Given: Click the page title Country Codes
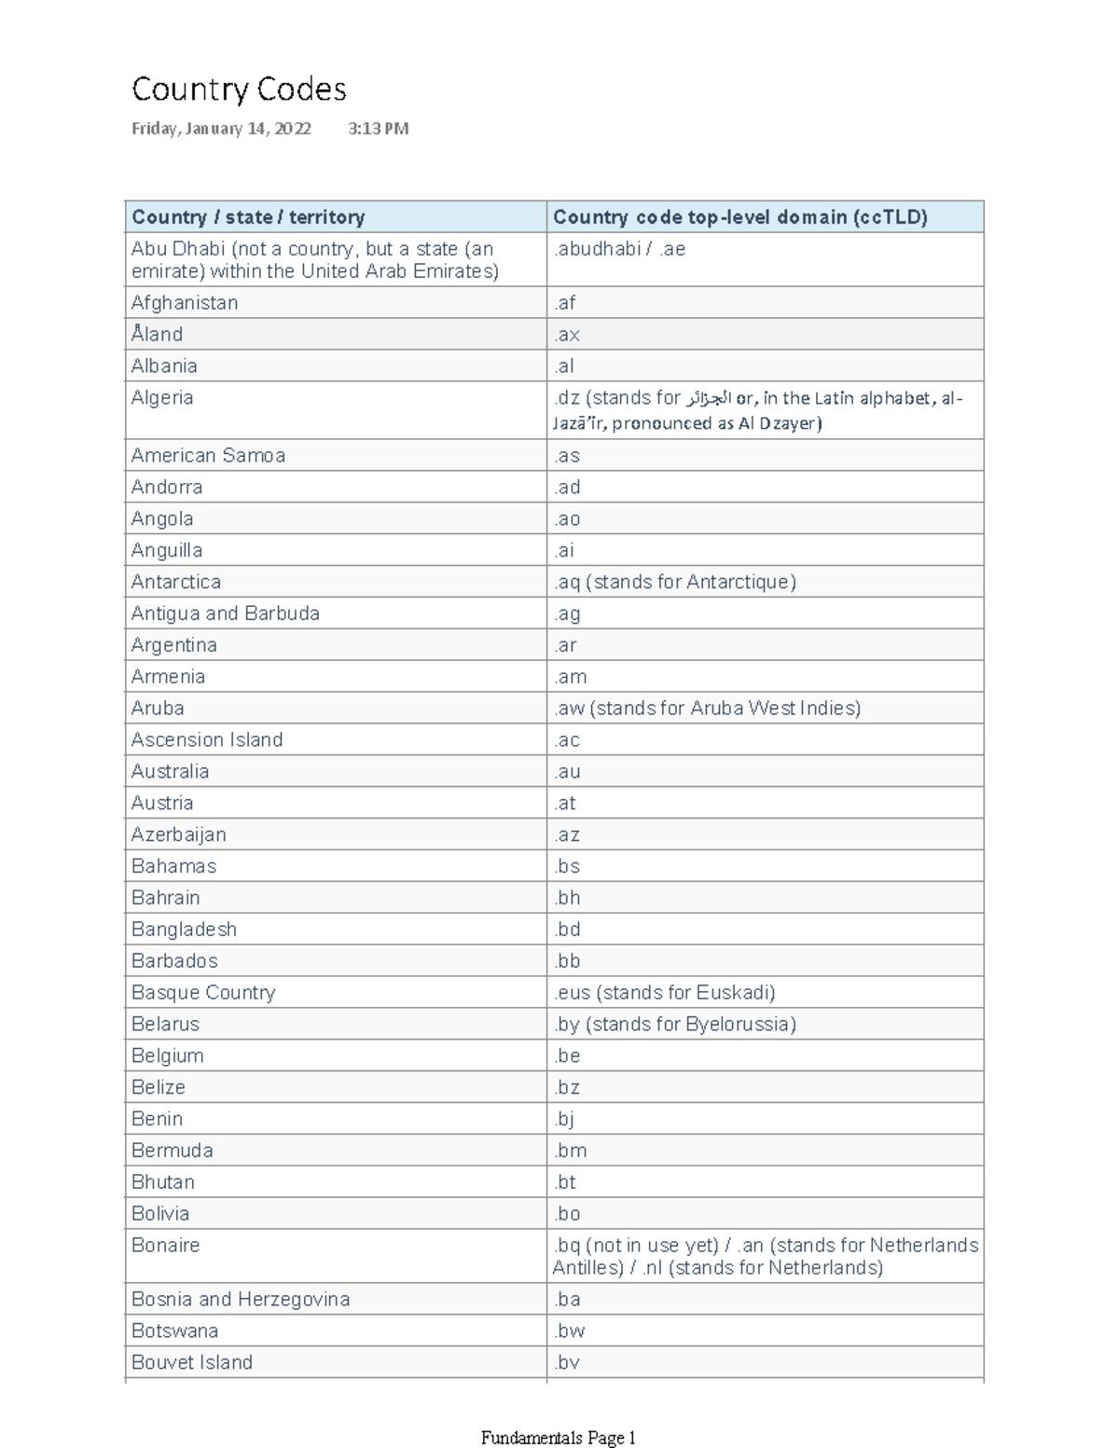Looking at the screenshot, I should pos(239,90).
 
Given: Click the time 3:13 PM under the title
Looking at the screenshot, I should pos(378,129).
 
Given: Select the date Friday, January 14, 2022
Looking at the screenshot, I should pos(221,129).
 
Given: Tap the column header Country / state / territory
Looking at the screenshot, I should pos(248,217).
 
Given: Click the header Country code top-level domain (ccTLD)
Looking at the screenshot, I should pos(739,217).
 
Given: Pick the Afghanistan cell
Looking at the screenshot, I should pos(185,303).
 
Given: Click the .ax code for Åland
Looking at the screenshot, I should pos(567,335).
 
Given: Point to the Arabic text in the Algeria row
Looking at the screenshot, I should pos(708,399).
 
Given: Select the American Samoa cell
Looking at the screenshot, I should pos(208,456).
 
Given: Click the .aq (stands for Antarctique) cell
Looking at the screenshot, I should pos(674,582).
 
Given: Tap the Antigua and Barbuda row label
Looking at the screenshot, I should pos(226,614).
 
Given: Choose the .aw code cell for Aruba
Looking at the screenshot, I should pos(706,709).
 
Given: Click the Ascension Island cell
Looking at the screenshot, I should pos(207,740).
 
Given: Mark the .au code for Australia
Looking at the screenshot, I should pos(567,772).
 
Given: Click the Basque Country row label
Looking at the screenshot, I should pos(203,993).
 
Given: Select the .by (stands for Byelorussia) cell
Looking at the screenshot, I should pos(674,1025).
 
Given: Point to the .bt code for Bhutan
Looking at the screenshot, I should pos(565,1182).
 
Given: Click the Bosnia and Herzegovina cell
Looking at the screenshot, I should pos(241,1300).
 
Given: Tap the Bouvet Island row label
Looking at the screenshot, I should pos(192,1363).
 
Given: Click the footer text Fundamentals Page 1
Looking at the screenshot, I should pos(558,1438).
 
